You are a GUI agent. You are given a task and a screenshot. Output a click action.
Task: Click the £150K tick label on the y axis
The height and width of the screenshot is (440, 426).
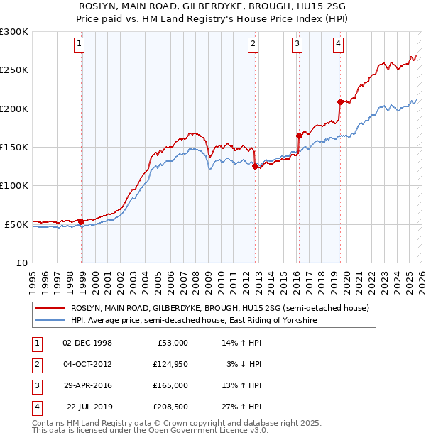tap(13, 147)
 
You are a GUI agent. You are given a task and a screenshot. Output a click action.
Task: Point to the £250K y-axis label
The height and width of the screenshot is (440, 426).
tap(13, 70)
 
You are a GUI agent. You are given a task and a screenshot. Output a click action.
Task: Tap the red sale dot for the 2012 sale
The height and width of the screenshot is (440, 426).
tap(255, 167)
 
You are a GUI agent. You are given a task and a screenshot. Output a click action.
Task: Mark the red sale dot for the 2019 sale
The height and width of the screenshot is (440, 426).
tap(340, 101)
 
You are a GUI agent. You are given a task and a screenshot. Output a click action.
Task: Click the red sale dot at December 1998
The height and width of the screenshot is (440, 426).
tap(82, 221)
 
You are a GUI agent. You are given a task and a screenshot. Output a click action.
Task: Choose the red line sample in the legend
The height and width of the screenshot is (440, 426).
tap(50, 309)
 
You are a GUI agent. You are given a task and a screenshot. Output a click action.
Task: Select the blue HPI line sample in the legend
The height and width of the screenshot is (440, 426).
tap(50, 321)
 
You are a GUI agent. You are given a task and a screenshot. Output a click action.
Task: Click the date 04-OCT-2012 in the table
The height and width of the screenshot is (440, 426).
tap(87, 364)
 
